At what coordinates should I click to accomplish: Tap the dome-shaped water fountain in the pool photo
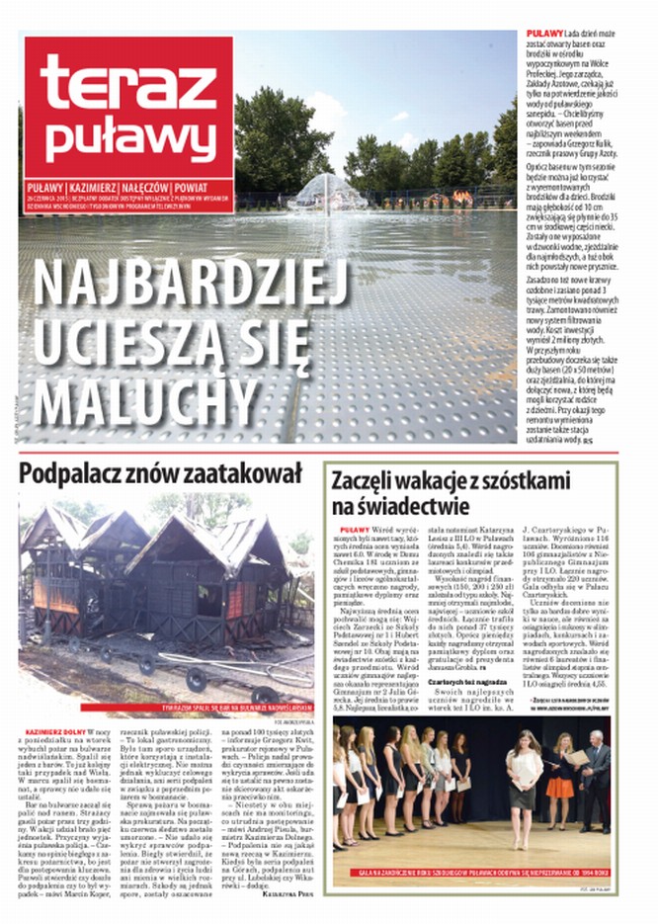click(328, 192)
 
